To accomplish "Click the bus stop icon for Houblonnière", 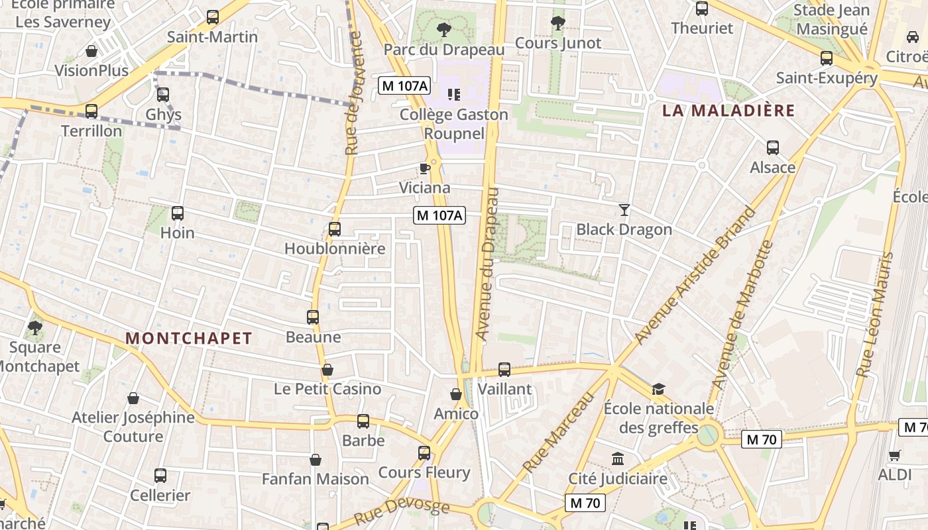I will coord(335,229).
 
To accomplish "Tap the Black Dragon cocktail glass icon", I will coord(624,210).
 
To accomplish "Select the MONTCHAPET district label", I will coord(189,339).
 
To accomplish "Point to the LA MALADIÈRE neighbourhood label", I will coord(728,111).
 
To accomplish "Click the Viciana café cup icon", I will coord(425,168).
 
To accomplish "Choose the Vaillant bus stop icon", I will coord(504,369).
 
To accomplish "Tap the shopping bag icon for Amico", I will coord(456,394).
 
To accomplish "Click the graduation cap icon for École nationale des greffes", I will coord(658,389).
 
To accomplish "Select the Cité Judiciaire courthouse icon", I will coord(618,458).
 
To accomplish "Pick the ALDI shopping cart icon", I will coord(895,455).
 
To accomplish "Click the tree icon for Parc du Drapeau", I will coord(444,30).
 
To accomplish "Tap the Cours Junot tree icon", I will coord(558,24).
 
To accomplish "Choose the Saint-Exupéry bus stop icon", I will coord(827,58).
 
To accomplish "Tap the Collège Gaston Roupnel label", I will coord(454,123).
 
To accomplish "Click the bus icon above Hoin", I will coord(178,213).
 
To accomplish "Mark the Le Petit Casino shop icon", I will coord(327,369).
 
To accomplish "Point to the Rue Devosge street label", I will coord(402,512).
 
